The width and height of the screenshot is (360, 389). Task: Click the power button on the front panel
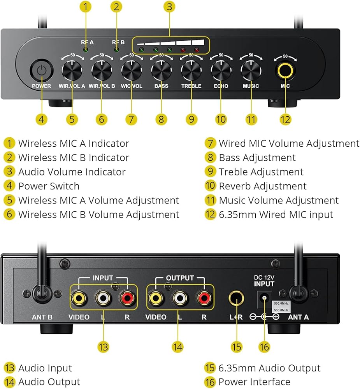coord(42,71)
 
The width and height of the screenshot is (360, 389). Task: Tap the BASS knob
coord(162,70)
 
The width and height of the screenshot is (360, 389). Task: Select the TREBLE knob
coord(191,70)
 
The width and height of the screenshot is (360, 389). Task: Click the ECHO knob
coord(221,70)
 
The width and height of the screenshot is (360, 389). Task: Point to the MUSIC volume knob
coord(251,70)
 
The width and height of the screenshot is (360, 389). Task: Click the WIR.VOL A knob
coord(72,70)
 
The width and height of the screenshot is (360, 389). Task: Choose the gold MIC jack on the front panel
coord(285,70)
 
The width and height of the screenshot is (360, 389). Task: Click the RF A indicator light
coord(86,50)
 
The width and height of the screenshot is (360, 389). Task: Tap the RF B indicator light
coord(116,50)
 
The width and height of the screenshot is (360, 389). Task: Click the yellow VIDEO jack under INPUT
coord(79,298)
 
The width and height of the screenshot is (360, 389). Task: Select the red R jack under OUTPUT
coord(204,298)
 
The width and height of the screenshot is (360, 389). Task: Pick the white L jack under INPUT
coord(103,298)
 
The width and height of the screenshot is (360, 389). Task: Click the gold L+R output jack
coord(236,298)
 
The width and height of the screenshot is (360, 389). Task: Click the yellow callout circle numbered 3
coord(169,7)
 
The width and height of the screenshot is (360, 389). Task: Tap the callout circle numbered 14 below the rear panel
coord(177,347)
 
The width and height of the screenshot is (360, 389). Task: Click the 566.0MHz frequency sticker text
coord(281,303)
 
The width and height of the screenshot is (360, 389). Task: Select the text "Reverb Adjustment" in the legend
coord(263,186)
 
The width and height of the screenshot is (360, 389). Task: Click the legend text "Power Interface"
coord(254,382)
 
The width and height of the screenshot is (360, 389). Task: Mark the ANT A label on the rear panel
coord(298,317)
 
